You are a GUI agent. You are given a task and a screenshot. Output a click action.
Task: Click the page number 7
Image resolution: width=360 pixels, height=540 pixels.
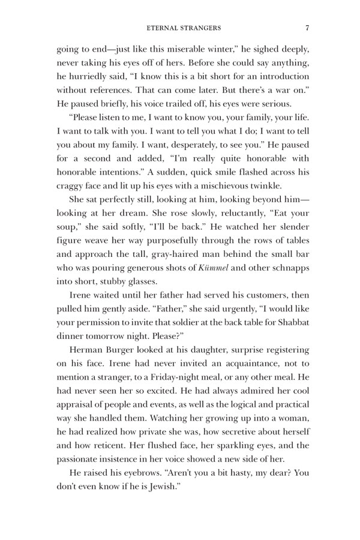pos(307,27)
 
